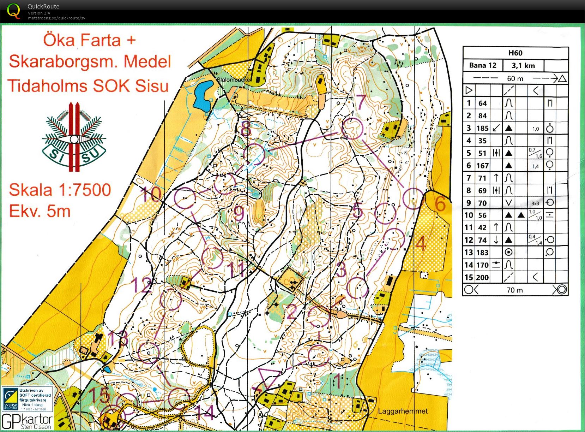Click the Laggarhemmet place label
[403, 411]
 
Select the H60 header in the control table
[515, 53]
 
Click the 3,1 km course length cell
[523, 65]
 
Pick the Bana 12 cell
[483, 65]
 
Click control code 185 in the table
[482, 128]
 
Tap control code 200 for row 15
[482, 278]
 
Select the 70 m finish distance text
[515, 290]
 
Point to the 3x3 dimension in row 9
[535, 203]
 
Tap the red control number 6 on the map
[440, 204]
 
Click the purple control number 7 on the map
[361, 102]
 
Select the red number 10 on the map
[151, 194]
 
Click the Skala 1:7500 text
[60, 190]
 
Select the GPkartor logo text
[27, 421]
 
